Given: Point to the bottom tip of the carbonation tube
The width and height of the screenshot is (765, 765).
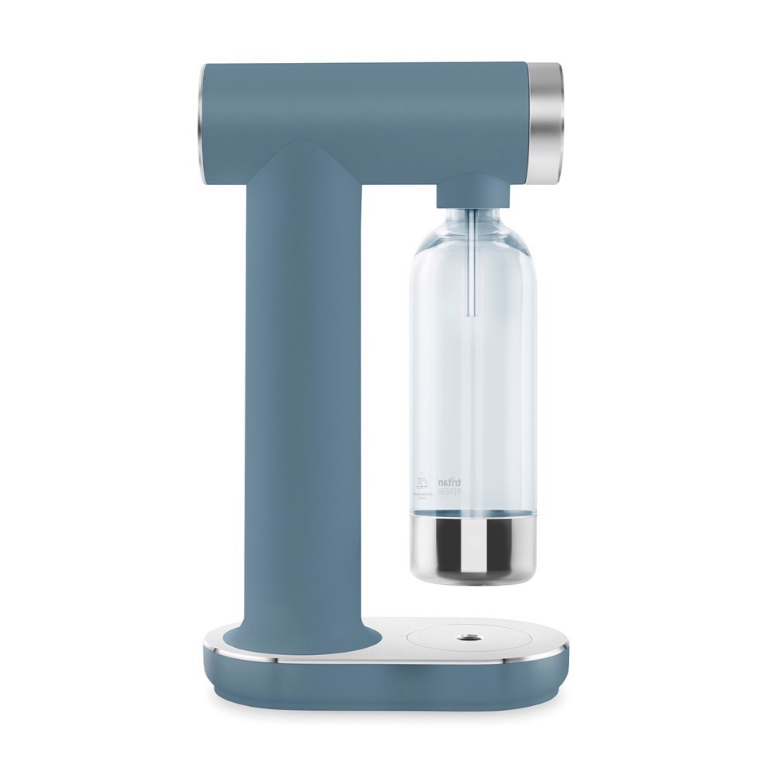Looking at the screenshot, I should click(x=473, y=316).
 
